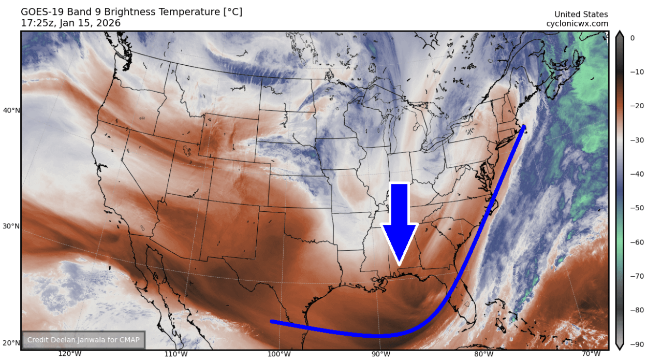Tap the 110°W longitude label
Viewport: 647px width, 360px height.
(x=175, y=354)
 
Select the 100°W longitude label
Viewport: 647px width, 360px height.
(x=279, y=354)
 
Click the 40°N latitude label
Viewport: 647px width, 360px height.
(x=11, y=110)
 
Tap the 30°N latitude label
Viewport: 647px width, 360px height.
(x=11, y=226)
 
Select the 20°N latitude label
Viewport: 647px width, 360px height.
(x=11, y=343)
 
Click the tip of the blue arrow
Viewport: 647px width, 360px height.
(x=399, y=265)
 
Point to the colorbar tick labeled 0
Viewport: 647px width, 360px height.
(x=632, y=38)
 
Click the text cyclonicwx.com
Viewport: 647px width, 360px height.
(x=577, y=24)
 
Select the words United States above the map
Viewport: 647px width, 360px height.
(x=581, y=15)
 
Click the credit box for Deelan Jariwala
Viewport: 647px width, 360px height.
(x=83, y=340)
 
